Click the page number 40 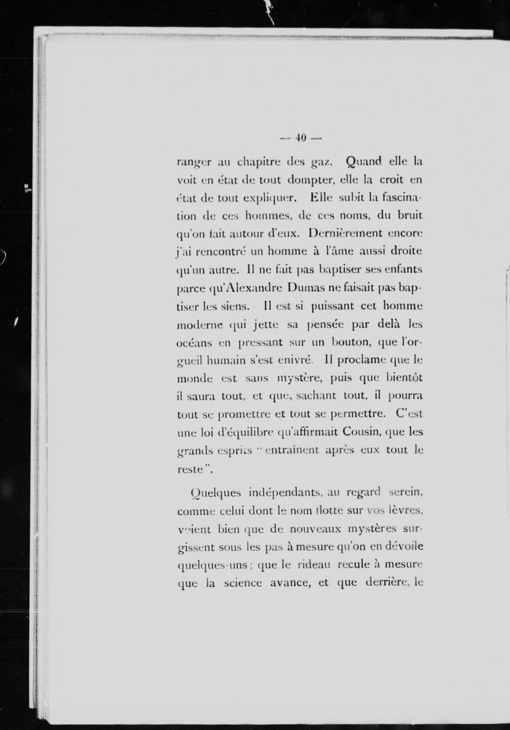(x=300, y=138)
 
